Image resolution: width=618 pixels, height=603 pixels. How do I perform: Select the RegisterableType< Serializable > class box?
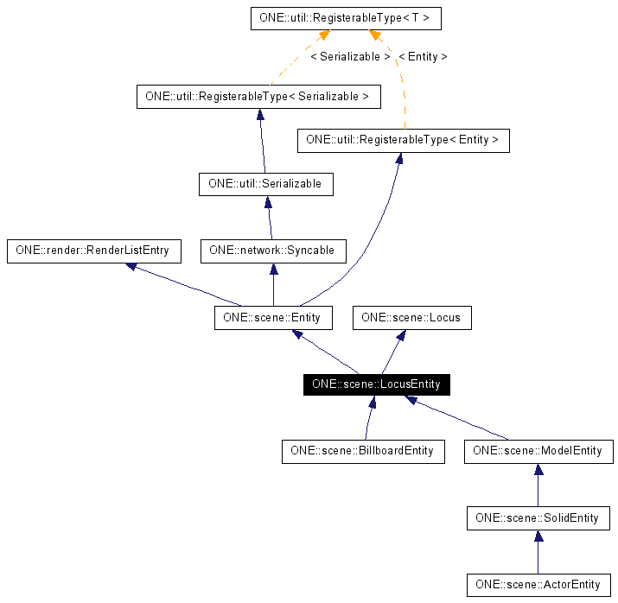pyautogui.click(x=258, y=96)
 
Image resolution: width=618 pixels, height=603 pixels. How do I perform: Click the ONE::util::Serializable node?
pyautogui.click(x=264, y=184)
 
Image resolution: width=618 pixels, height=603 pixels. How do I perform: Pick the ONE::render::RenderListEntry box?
pyautogui.click(x=93, y=251)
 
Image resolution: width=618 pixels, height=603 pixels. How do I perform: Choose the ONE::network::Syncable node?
pyautogui.click(x=273, y=251)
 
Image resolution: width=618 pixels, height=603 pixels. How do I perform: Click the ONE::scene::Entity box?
pyautogui.click(x=272, y=318)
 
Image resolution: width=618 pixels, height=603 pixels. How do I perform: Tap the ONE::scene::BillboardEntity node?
pyautogui.click(x=362, y=451)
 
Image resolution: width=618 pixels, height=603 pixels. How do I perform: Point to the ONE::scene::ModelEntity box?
pyautogui.click(x=538, y=451)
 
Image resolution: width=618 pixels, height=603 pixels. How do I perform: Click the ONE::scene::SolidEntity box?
pyautogui.click(x=538, y=518)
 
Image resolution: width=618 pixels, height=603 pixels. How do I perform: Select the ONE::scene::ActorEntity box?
pyautogui.click(x=538, y=585)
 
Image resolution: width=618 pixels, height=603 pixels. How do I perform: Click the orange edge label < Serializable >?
pyautogui.click(x=349, y=57)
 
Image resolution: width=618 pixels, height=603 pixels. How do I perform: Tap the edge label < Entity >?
pyautogui.click(x=423, y=57)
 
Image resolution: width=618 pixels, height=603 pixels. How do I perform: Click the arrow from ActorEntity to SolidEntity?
pyautogui.click(x=538, y=552)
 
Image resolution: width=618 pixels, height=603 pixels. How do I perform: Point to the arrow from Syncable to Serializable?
pyautogui.click(x=270, y=218)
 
